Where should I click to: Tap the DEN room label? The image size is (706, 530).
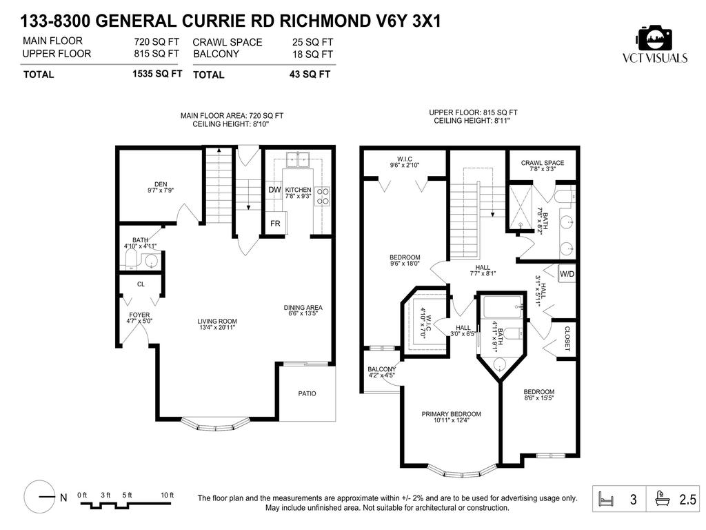(161, 184)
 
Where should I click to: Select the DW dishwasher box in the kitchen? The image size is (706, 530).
(274, 190)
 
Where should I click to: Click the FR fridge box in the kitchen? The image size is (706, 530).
(275, 224)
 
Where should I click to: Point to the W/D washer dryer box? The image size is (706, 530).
(566, 273)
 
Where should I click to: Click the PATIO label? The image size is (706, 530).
(307, 393)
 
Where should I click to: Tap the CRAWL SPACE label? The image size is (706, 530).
(542, 164)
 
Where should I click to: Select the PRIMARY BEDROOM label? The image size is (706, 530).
(452, 414)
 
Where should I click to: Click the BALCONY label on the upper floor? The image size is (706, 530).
(381, 369)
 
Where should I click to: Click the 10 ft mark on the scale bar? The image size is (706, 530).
(166, 495)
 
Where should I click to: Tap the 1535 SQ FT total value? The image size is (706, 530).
(157, 74)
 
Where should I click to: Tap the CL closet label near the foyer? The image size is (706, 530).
(141, 284)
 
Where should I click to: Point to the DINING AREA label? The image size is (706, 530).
(303, 308)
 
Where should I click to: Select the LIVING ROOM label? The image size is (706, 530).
(217, 321)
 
